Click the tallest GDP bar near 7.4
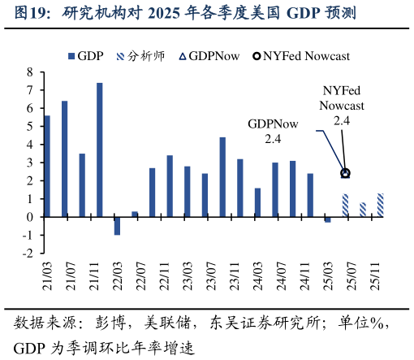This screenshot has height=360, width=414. click(99, 150)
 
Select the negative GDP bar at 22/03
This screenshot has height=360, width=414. click(117, 226)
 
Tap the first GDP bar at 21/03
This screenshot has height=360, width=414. click(47, 166)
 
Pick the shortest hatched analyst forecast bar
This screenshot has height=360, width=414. click(363, 210)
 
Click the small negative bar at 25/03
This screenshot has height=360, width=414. click(328, 219)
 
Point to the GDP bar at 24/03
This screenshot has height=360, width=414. click(257, 202)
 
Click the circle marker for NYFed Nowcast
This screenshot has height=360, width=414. click(345, 173)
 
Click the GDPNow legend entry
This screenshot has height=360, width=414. click(209, 56)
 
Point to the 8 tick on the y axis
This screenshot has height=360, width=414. click(29, 72)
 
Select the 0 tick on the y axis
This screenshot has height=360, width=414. click(29, 217)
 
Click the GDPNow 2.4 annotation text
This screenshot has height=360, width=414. click(273, 131)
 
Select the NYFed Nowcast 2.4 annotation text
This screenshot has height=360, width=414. click(342, 106)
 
